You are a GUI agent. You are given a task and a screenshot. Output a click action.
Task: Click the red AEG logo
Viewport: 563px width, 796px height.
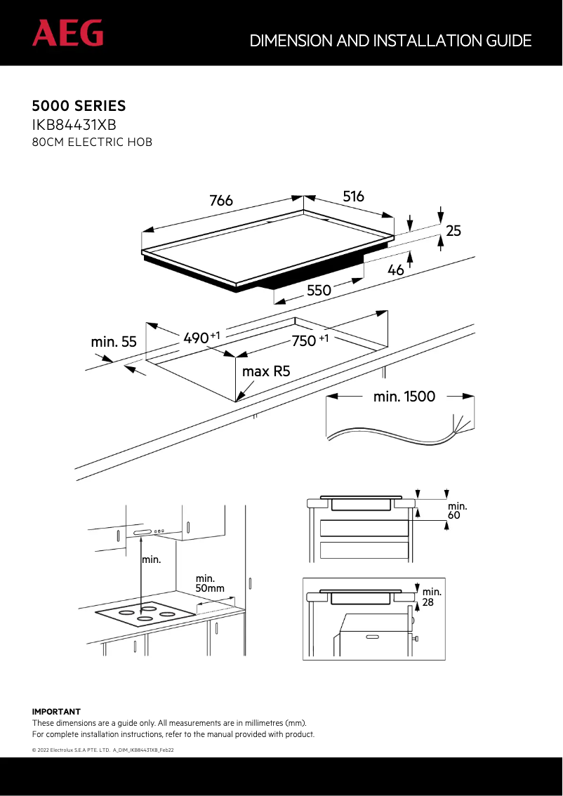(x=67, y=33)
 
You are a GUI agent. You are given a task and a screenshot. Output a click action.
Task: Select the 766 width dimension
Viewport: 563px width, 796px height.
(x=221, y=201)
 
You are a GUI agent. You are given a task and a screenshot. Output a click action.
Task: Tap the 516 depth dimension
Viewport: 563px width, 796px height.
(x=354, y=197)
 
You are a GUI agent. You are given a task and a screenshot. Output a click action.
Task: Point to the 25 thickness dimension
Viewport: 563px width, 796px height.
(x=454, y=230)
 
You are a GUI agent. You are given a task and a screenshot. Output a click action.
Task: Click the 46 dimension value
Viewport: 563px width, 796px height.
(x=396, y=270)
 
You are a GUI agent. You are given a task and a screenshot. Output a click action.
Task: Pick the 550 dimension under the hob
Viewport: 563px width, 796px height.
(x=318, y=290)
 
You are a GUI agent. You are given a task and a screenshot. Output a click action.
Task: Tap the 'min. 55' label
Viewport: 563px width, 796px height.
(x=114, y=343)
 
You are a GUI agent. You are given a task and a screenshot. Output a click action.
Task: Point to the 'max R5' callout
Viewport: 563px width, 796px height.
(x=266, y=371)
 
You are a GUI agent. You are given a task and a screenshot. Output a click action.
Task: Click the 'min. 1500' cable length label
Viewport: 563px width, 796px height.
(x=404, y=397)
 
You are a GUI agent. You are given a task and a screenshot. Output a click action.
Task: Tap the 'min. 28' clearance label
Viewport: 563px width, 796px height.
(x=432, y=597)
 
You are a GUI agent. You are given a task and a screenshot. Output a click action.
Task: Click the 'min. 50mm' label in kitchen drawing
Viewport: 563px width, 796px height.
(x=209, y=583)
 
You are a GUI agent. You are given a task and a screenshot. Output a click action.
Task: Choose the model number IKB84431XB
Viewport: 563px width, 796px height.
(x=74, y=125)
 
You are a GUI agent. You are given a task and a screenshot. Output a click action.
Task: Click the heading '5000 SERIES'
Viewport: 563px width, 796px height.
(x=79, y=106)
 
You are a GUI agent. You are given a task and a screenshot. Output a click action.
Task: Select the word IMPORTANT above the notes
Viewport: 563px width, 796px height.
(x=57, y=712)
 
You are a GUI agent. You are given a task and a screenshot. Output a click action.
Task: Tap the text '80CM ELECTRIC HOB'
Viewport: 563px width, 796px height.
(x=92, y=142)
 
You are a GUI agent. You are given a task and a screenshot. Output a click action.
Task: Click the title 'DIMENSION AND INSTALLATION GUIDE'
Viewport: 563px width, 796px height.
(x=390, y=41)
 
